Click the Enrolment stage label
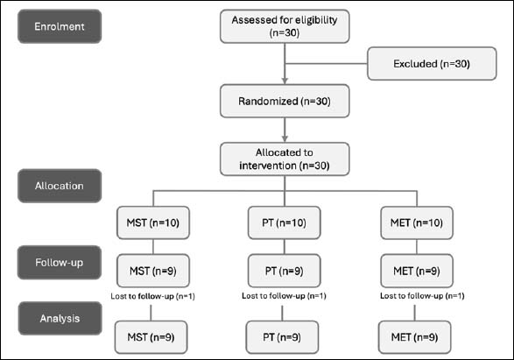point(60,26)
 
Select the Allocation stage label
point(60,186)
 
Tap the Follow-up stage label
point(60,262)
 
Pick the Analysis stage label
point(60,318)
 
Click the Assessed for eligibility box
point(285,26)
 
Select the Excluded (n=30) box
point(432,64)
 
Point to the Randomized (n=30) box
point(285,101)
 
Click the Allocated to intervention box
point(285,159)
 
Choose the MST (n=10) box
point(153,222)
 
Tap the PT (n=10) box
point(285,222)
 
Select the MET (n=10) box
point(417,222)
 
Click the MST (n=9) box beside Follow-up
point(153,271)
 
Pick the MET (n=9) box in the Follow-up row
point(417,271)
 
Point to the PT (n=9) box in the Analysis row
point(282,337)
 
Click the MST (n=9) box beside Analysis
point(151,337)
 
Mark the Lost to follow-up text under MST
point(152,296)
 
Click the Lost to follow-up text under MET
point(422,296)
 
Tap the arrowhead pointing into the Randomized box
point(285,81)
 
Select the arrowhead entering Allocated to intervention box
point(285,138)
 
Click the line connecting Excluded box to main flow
point(326,64)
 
